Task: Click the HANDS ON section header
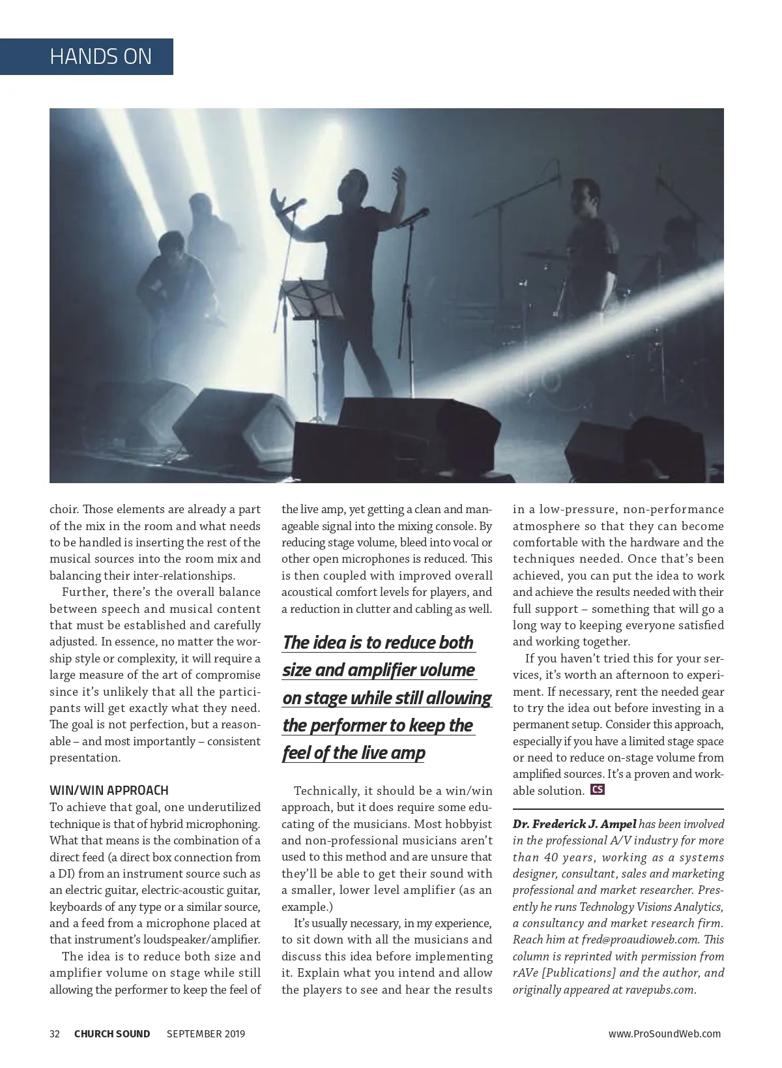(100, 57)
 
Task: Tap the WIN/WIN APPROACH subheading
(109, 790)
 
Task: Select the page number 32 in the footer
(55, 1033)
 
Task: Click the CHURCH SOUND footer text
(112, 1033)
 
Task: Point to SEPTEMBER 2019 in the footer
(206, 1033)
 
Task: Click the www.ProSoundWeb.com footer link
(664, 1033)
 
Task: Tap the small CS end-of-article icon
(597, 790)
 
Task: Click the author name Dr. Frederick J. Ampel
(574, 824)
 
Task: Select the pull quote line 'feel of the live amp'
(353, 753)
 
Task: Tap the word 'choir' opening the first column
(63, 509)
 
